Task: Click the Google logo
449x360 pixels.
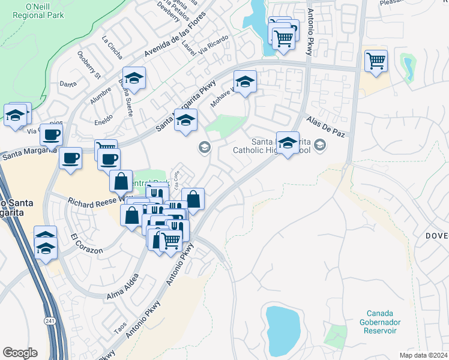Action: point(20,353)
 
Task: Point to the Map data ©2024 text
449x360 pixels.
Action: point(423,355)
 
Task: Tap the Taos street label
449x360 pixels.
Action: point(121,328)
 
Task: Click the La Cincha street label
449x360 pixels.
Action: point(112,50)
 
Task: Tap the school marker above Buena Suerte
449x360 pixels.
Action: point(134,79)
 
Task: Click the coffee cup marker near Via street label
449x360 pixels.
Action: point(52,134)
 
